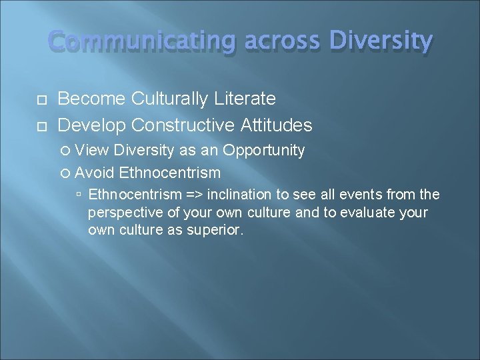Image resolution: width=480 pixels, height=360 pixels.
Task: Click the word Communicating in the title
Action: pyautogui.click(x=142, y=43)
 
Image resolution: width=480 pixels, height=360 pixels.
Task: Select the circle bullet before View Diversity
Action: pyautogui.click(x=65, y=151)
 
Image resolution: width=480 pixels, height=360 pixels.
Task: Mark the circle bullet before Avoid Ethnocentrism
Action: pyautogui.click(x=65, y=173)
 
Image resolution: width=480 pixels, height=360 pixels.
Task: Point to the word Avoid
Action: pyautogui.click(x=95, y=173)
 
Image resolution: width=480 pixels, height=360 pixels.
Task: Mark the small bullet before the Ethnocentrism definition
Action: pyautogui.click(x=79, y=195)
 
